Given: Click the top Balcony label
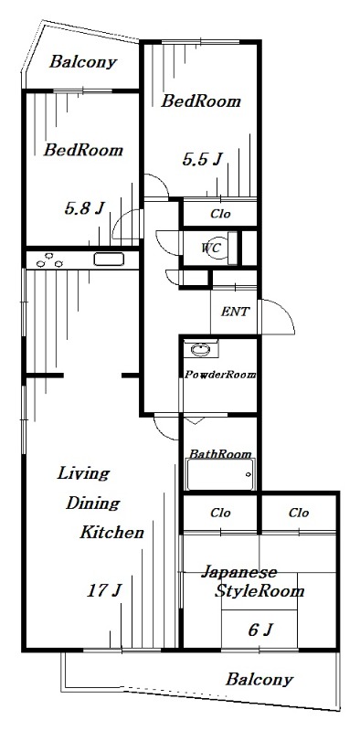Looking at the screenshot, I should (83, 62).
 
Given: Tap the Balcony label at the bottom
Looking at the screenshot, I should (259, 680).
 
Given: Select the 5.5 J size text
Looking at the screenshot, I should (202, 160).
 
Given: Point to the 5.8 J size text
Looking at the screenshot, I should (83, 207).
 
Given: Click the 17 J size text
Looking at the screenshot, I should (104, 590).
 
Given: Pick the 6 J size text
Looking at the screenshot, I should (260, 630).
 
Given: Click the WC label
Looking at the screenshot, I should (212, 247).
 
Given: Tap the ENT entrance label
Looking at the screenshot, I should (235, 312).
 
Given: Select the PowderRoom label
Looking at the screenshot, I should (220, 375).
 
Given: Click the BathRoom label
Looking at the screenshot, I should (220, 454).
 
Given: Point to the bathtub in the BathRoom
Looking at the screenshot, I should (219, 475).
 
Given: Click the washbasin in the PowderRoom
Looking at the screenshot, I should (200, 351).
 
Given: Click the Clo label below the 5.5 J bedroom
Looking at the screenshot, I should (220, 214).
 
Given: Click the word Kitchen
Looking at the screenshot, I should (111, 532).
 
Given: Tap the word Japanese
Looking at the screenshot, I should (238, 573).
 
